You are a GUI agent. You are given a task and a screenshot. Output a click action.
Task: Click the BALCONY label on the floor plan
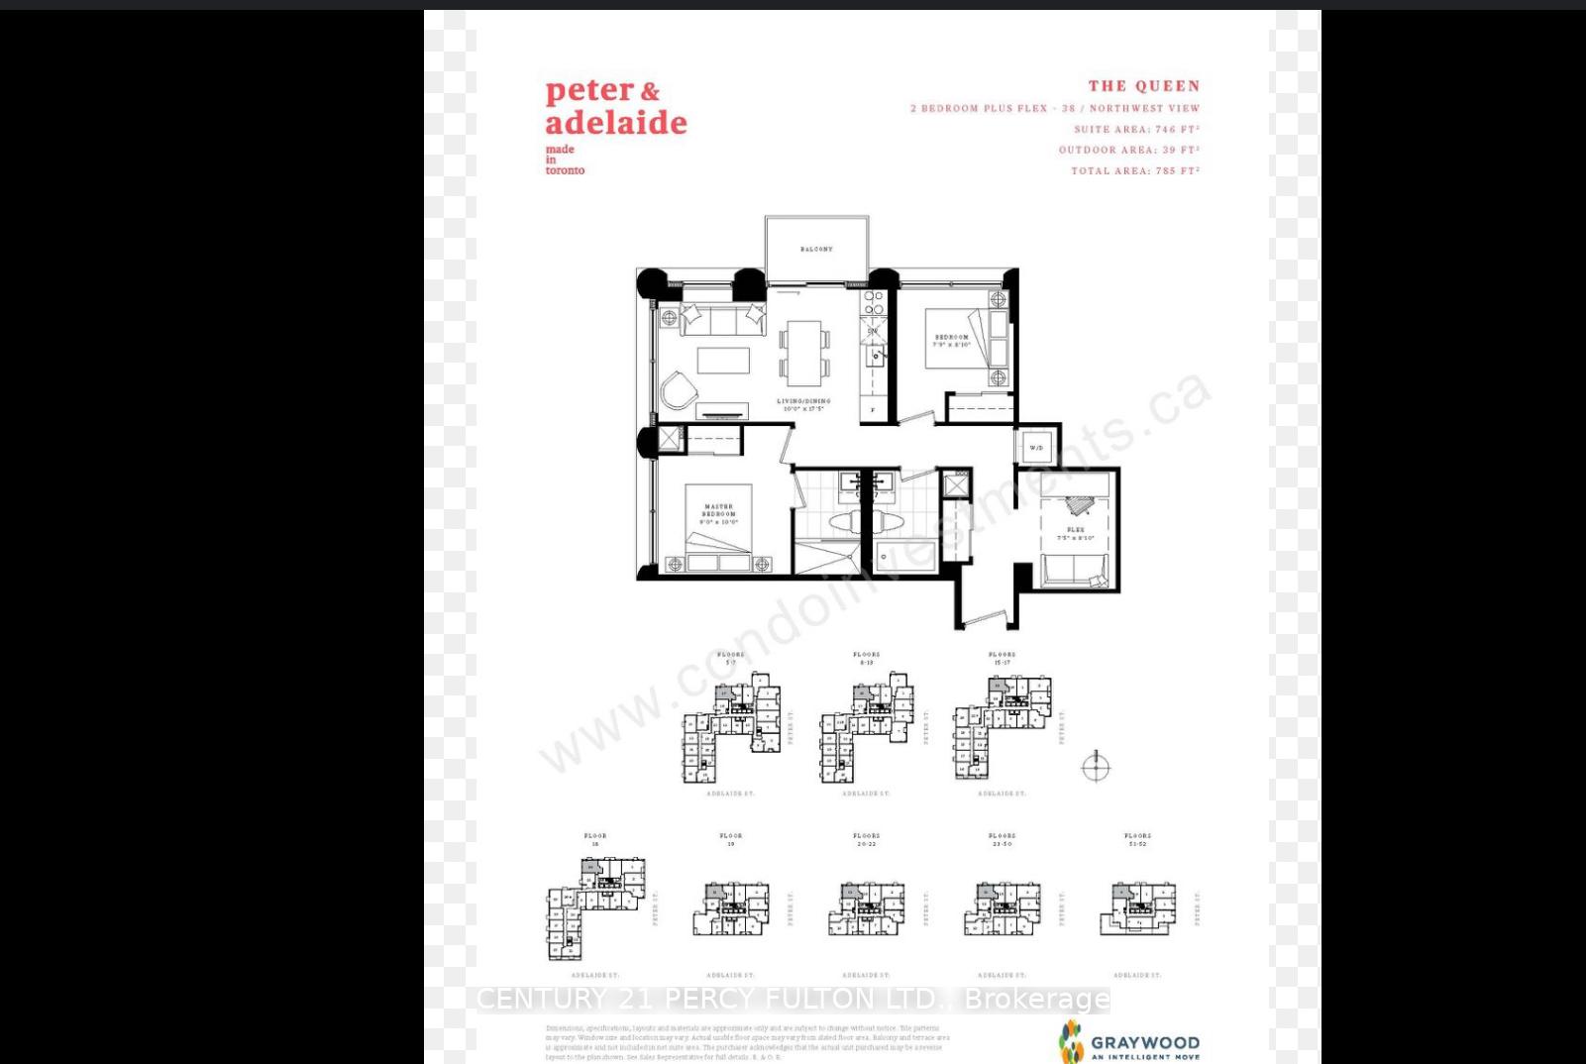816,250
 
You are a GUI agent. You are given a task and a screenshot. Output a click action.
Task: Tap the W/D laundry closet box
1036,448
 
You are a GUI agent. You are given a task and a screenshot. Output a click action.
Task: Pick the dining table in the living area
804,352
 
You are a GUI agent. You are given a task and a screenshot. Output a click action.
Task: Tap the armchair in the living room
679,390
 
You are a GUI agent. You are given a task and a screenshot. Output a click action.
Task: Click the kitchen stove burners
873,302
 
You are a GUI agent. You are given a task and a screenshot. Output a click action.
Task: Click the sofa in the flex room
1075,572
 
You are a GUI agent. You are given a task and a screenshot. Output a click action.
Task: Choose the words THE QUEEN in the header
1143,86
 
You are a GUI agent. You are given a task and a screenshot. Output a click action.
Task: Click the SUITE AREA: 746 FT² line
1136,129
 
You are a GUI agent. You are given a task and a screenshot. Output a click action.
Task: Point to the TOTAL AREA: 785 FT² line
1134,170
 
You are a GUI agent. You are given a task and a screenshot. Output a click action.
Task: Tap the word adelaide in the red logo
615,123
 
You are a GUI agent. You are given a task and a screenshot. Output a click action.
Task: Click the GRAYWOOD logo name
1144,1042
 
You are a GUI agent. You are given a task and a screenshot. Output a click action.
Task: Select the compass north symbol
1096,767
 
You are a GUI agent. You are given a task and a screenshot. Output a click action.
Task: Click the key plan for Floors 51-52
1137,906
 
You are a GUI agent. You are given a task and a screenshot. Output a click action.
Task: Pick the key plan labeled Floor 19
731,907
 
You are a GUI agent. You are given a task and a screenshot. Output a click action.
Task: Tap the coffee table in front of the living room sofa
723,360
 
